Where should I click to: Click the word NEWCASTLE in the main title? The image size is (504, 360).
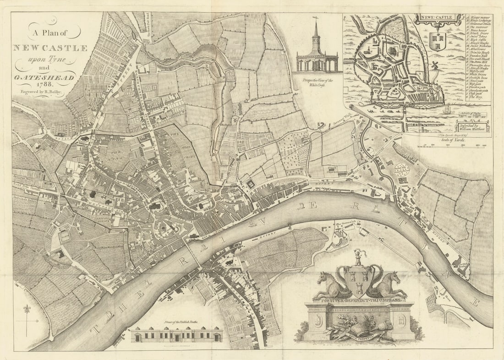tap(50, 48)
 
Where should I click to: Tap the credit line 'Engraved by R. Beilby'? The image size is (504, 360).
tap(40, 92)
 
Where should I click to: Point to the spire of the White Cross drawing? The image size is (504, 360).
tap(316, 28)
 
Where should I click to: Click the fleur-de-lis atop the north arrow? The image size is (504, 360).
tap(27, 309)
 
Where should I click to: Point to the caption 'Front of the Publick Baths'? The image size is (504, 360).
tap(177, 322)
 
